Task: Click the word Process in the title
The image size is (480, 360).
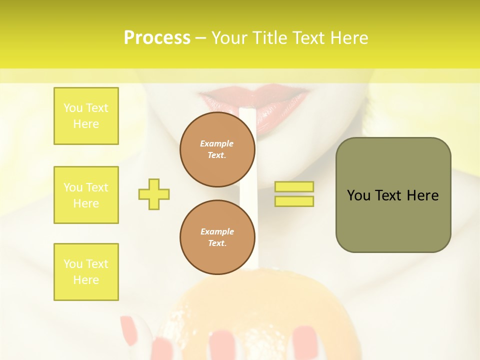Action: (157, 38)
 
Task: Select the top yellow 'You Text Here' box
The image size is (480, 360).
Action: (86, 116)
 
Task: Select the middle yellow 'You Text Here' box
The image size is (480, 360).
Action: (86, 195)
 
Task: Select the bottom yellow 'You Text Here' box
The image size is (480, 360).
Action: (86, 272)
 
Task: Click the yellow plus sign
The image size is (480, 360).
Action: (154, 194)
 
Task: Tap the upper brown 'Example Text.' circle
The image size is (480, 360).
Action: (217, 149)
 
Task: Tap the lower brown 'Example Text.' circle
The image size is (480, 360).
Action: (217, 237)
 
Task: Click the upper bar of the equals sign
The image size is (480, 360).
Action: (294, 186)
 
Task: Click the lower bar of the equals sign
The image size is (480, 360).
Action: (294, 201)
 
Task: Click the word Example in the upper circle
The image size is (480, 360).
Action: (217, 143)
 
